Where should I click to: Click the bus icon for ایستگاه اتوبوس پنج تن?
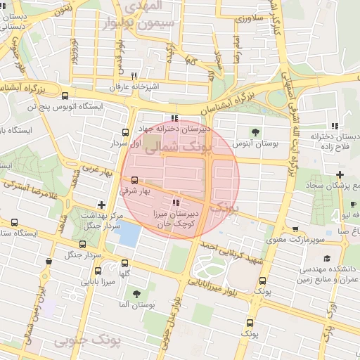[x=65, y=96]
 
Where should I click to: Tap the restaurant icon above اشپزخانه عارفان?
[x=134, y=76]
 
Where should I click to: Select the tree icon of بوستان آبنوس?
[x=255, y=131]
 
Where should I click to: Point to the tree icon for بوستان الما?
[x=136, y=294]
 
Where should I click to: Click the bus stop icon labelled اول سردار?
[x=126, y=131]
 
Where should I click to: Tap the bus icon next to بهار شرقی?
[x=135, y=180]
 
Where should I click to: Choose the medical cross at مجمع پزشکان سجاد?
[x=340, y=174]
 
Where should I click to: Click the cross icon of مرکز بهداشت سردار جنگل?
[x=101, y=205]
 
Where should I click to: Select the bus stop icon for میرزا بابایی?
[x=97, y=272]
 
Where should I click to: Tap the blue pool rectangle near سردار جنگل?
[x=129, y=233]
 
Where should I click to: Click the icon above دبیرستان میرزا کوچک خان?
[x=176, y=202]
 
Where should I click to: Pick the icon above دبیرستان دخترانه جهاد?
[x=174, y=118]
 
